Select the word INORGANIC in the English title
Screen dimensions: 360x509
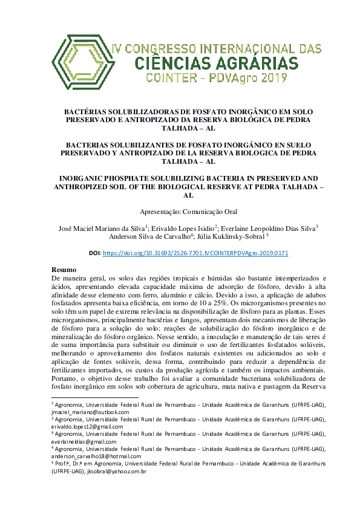coord(86,180)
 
